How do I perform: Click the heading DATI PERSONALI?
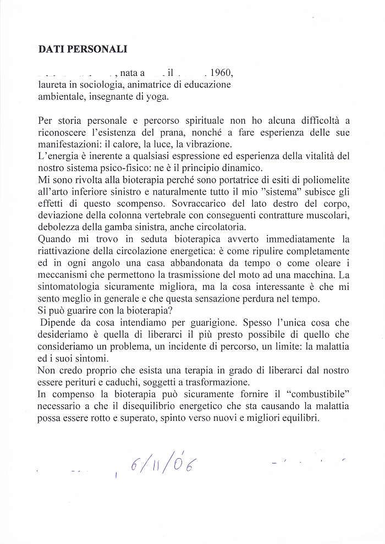(x=82, y=49)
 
